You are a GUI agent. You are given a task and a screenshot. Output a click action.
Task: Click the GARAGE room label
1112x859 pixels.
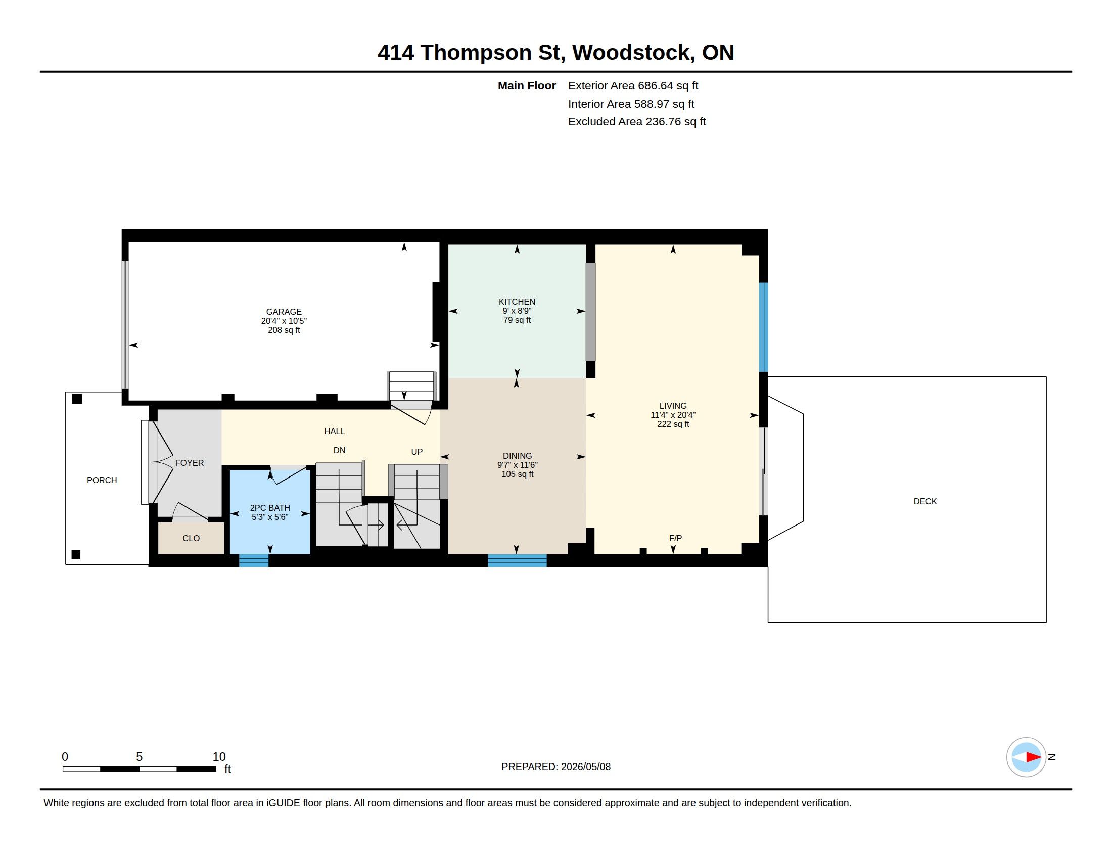coord(284,312)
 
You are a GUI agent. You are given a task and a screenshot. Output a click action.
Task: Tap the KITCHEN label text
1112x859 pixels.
coord(517,302)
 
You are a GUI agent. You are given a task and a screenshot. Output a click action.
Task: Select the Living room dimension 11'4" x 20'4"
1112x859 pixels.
coord(673,415)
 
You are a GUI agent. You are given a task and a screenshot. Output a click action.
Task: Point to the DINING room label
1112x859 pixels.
coord(517,456)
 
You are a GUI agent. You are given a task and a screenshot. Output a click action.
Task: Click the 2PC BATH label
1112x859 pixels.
coord(270,508)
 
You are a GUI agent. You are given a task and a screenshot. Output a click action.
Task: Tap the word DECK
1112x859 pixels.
coord(925,501)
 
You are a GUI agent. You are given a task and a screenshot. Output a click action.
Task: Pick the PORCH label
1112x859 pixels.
coord(102,480)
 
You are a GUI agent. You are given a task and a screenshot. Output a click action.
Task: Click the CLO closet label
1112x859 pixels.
coord(191,539)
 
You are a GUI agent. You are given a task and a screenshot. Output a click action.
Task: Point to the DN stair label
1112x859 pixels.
coord(339,450)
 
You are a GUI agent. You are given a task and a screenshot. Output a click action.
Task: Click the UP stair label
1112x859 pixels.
coord(416,452)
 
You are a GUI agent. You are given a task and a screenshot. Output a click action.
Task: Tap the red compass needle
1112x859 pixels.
coord(1033,757)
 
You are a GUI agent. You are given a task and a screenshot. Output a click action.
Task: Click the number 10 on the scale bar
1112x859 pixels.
coord(219,757)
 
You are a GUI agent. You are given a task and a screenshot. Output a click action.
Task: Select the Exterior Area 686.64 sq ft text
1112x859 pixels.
coord(633,86)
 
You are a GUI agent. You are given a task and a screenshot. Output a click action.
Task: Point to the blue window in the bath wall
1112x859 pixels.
coord(254,560)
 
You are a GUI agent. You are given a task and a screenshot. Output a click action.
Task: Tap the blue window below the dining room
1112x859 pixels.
coord(517,560)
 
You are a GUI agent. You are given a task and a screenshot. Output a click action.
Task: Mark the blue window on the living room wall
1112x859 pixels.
coord(763,327)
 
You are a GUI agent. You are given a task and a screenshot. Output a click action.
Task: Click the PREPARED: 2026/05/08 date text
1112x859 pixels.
coord(556,767)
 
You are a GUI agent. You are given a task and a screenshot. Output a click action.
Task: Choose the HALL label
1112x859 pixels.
coord(335,431)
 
